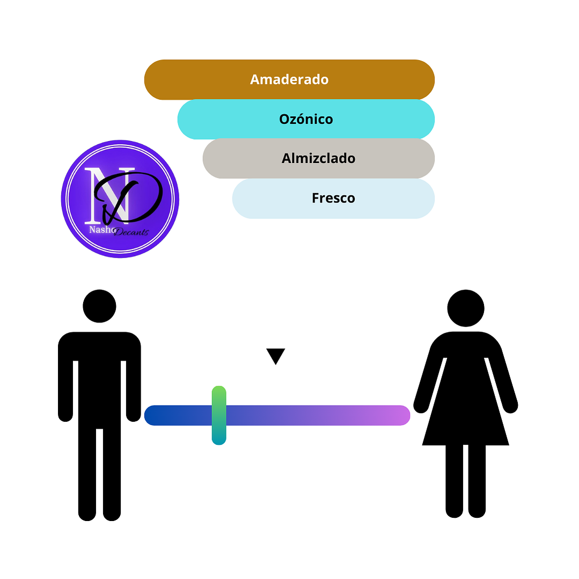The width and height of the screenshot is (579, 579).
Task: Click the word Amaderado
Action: [289, 79]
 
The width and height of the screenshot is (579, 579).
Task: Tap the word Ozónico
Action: [306, 119]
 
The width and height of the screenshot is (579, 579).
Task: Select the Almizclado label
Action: [318, 158]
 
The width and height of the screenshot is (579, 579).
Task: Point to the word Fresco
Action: [333, 198]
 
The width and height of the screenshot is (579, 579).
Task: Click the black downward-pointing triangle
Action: [275, 355]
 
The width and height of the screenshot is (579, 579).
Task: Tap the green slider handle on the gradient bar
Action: [219, 415]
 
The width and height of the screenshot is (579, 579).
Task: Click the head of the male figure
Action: [99, 306]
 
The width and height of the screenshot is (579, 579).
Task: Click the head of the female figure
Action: [466, 308]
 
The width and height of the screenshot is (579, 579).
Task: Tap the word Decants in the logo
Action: [131, 232]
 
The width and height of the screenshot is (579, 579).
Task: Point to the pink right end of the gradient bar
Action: [400, 415]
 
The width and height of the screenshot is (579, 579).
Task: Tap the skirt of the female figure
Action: [466, 413]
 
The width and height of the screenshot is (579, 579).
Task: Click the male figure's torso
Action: [99, 376]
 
